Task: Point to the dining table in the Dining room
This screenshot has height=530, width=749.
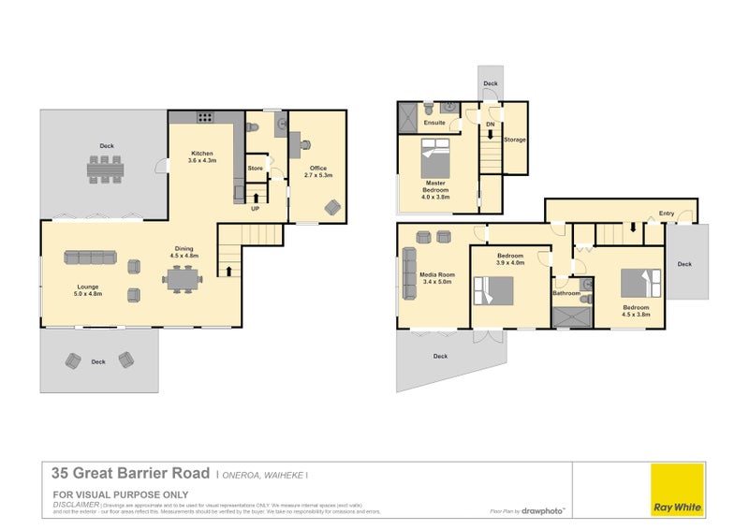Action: pos(182,279)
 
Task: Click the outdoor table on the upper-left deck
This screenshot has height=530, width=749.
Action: pos(105,169)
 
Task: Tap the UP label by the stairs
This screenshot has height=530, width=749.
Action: pos(255,208)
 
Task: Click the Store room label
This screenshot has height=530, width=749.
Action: pos(255,169)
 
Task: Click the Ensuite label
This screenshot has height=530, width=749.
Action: pos(434,123)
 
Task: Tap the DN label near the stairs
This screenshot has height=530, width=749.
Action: pos(490,124)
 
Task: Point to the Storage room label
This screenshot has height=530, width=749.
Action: pos(515,140)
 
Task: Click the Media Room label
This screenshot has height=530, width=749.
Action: pos(436,274)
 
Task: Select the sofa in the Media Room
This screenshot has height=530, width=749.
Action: pos(408,273)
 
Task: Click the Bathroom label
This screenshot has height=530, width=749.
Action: pos(566,293)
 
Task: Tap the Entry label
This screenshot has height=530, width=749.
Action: pos(666,213)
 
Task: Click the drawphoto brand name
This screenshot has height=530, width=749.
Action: pos(543,511)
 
